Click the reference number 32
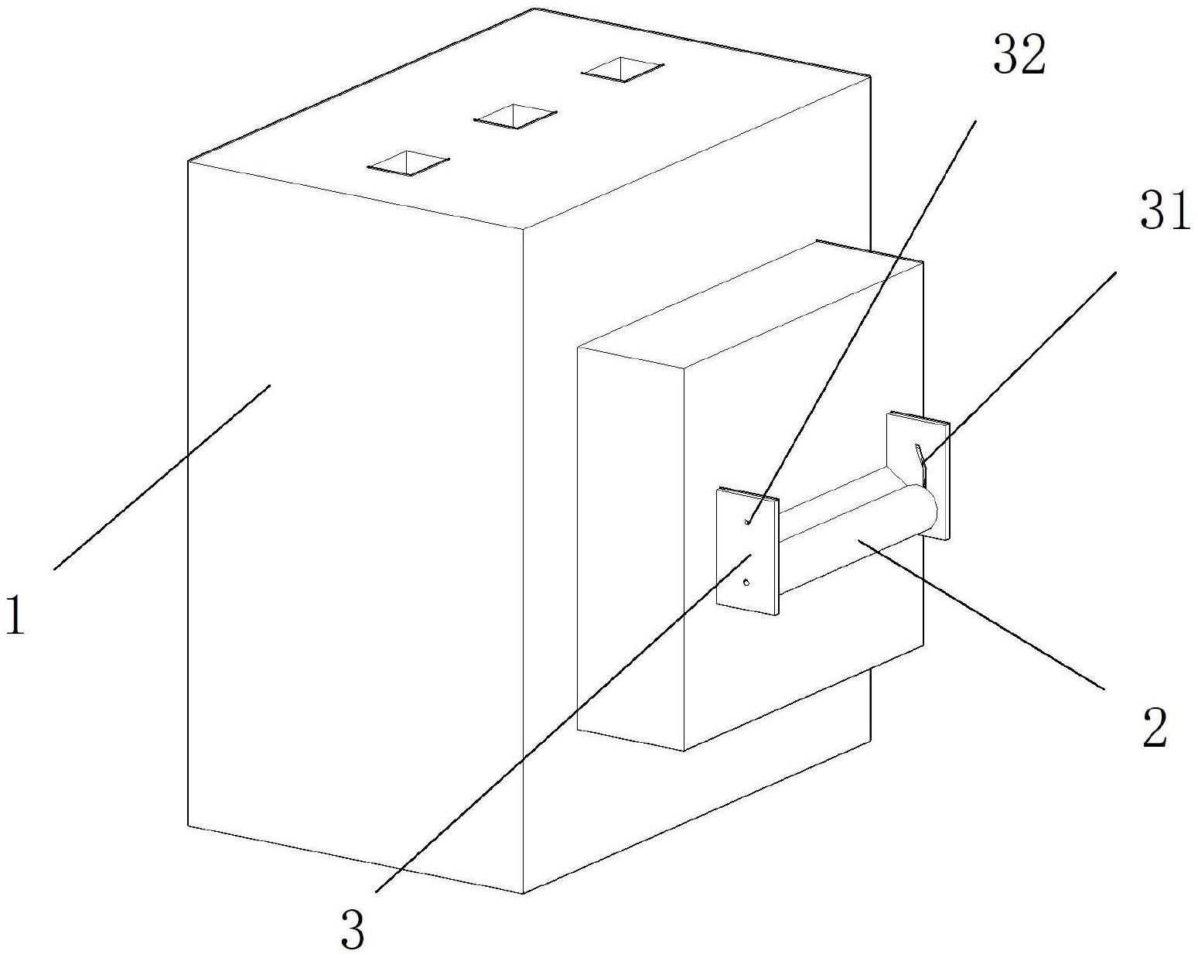(x=1019, y=56)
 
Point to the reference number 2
(x=1154, y=727)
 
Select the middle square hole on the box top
(x=514, y=116)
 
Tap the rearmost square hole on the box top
(x=623, y=70)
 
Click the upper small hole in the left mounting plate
(x=746, y=522)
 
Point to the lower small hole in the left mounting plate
(x=746, y=583)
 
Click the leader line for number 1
(x=162, y=476)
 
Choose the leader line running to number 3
(x=557, y=724)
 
